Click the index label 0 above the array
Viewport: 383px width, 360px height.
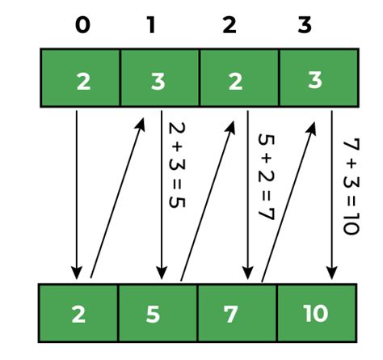point(82,25)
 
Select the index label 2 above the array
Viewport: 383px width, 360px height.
point(230,25)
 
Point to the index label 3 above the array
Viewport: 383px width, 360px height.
point(305,25)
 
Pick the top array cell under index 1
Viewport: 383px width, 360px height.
point(159,78)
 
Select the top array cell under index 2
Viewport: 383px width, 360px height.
point(238,78)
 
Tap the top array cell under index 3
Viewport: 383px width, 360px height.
point(318,78)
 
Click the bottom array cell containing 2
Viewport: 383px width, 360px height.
point(78,313)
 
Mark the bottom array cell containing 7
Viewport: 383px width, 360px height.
point(237,313)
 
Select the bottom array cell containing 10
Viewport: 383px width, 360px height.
point(316,313)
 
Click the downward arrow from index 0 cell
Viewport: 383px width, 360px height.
point(78,194)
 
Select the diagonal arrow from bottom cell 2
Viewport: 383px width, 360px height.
point(118,198)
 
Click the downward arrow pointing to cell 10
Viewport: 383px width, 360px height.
point(331,194)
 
